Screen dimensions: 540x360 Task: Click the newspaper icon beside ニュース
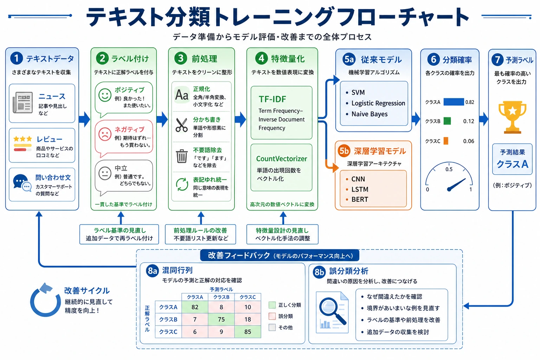22,102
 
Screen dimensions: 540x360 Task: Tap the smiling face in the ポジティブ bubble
105,95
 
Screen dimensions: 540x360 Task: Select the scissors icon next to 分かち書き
181,125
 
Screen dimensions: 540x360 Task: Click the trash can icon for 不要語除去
181,156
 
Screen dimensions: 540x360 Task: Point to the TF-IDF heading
272,99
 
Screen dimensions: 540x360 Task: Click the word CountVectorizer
281,159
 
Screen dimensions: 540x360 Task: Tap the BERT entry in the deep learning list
359,199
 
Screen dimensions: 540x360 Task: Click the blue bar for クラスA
454,102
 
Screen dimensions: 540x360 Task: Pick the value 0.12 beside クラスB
468,121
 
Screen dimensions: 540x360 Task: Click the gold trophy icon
512,117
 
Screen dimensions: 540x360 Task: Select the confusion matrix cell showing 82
195,307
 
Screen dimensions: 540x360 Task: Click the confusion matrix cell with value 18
247,319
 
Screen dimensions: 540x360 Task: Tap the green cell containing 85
247,332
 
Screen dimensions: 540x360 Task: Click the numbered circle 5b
344,151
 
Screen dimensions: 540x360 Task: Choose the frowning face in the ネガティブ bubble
105,134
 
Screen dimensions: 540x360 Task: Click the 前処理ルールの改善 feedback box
200,234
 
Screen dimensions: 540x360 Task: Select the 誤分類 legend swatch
272,316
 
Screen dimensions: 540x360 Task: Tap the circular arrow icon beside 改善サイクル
45,300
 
